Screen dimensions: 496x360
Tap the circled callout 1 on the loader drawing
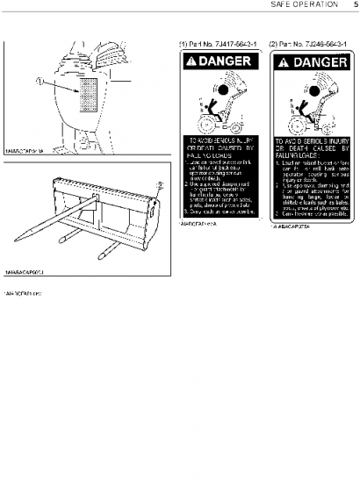point(39,83)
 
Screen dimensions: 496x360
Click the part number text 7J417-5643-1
point(213,43)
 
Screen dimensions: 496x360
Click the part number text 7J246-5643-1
point(310,43)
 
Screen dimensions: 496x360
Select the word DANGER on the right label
point(316,62)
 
